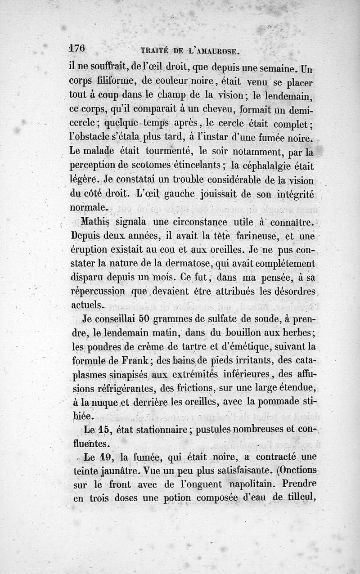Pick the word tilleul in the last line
(x=297, y=498)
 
